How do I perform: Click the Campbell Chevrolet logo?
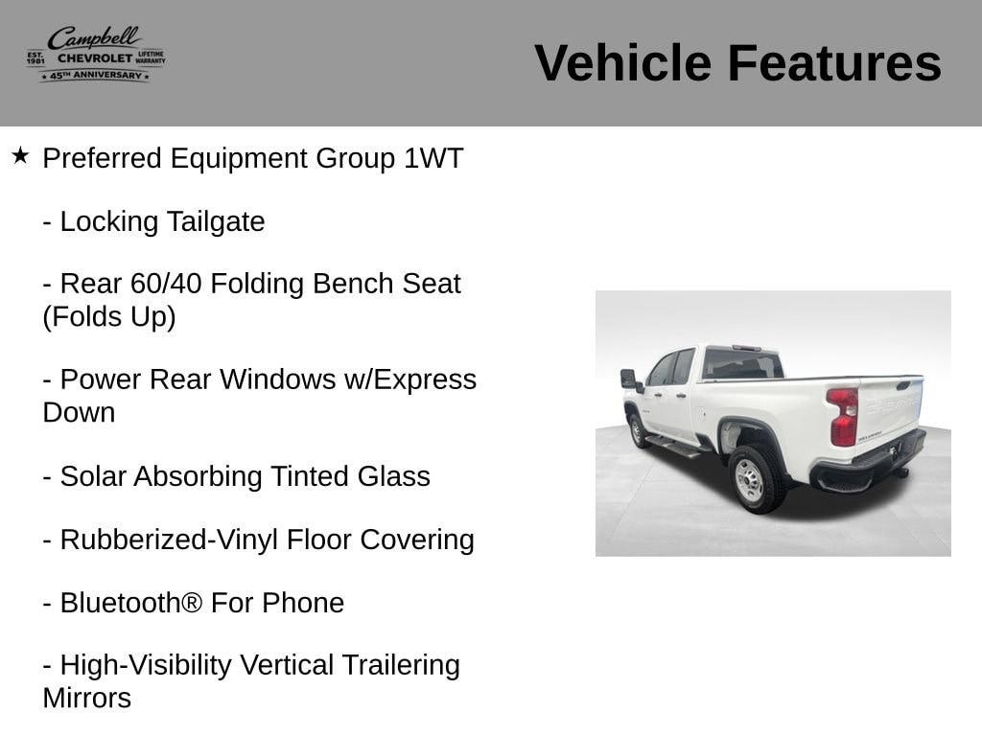[96, 55]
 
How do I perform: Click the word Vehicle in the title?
[622, 63]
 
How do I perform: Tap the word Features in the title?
[834, 63]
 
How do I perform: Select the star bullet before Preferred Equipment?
[20, 156]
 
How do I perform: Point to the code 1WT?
[433, 158]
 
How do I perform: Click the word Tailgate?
[216, 222]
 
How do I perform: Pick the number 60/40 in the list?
[166, 284]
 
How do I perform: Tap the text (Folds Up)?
[109, 316]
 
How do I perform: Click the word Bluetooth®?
[131, 604]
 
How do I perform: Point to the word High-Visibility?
[146, 665]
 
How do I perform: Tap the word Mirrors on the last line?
[87, 699]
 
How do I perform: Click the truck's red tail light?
[842, 416]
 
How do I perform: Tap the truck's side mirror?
[629, 379]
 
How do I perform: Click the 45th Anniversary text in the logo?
[95, 75]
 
